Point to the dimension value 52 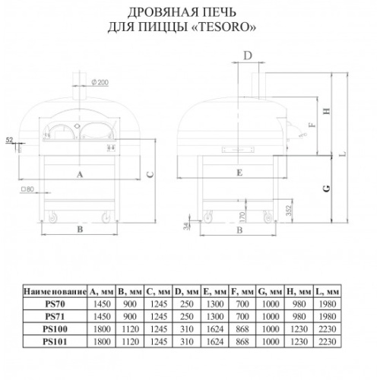click(x=9, y=140)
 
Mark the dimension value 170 click(x=242, y=217)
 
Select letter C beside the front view click(x=150, y=174)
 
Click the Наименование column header click(x=55, y=292)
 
